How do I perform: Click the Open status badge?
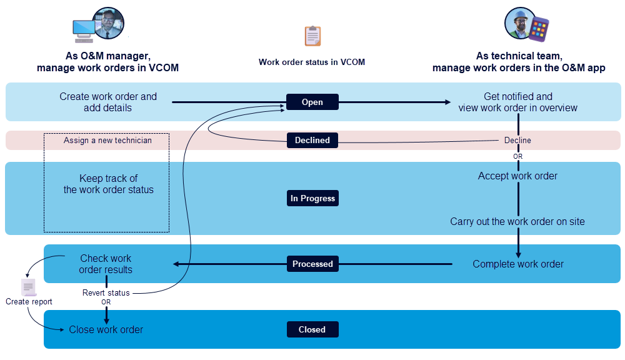pyautogui.click(x=312, y=102)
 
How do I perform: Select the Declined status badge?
pyautogui.click(x=312, y=140)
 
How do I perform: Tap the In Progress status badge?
pyautogui.click(x=312, y=198)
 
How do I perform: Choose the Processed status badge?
pyautogui.click(x=312, y=264)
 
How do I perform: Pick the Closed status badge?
pyautogui.click(x=312, y=329)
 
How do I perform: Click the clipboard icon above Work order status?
pyautogui.click(x=312, y=36)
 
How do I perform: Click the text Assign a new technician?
pyautogui.click(x=107, y=141)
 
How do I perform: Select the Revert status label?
pyautogui.click(x=106, y=292)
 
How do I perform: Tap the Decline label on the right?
pyautogui.click(x=517, y=140)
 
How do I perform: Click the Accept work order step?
pyautogui.click(x=517, y=176)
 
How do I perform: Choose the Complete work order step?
pyautogui.click(x=517, y=264)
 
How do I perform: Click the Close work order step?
pyautogui.click(x=106, y=329)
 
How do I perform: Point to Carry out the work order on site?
pyautogui.click(x=517, y=221)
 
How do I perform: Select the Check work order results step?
pyautogui.click(x=106, y=264)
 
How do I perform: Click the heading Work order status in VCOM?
pyautogui.click(x=312, y=62)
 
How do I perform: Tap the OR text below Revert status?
pyautogui.click(x=106, y=302)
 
